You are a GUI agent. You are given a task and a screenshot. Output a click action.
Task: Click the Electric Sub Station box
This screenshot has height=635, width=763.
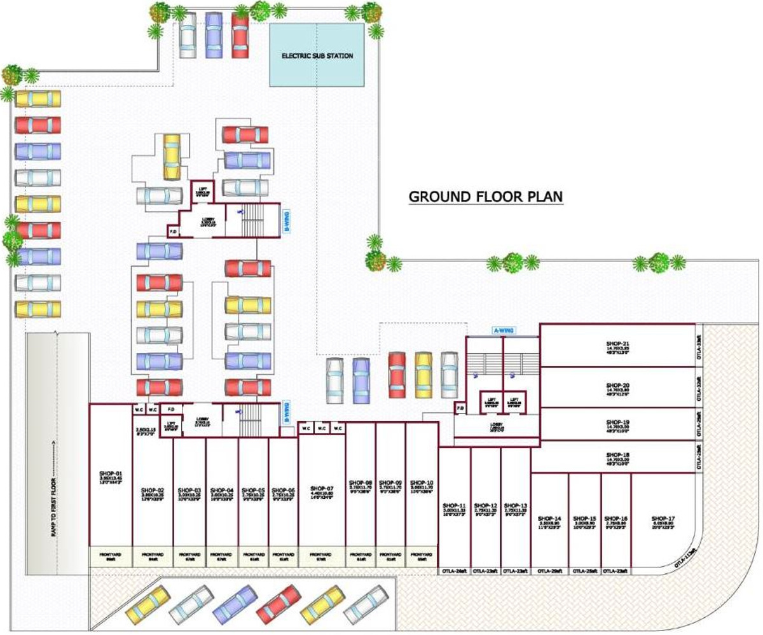tap(317, 56)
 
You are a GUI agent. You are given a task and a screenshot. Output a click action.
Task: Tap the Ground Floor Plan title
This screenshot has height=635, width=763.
tap(486, 196)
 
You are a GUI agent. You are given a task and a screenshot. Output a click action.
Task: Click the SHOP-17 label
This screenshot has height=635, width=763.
tap(663, 519)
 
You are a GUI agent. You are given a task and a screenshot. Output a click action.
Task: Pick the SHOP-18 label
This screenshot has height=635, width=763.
tap(617, 454)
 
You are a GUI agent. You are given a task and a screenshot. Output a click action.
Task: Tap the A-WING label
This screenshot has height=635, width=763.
tap(504, 330)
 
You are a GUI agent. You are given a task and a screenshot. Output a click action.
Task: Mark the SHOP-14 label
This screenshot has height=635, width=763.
tap(549, 519)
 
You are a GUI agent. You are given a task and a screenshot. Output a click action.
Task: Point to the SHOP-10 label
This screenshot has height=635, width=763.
tap(422, 482)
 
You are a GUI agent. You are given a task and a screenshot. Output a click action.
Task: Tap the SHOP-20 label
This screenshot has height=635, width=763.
tap(617, 386)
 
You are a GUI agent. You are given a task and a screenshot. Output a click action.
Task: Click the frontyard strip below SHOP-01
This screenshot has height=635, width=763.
tap(111, 555)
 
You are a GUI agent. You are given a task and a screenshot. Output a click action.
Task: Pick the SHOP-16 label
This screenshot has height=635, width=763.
tap(616, 519)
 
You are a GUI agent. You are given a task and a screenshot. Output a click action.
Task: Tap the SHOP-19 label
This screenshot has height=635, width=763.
tap(617, 422)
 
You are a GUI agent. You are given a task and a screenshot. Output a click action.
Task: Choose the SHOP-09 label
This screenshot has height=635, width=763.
tap(390, 482)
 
